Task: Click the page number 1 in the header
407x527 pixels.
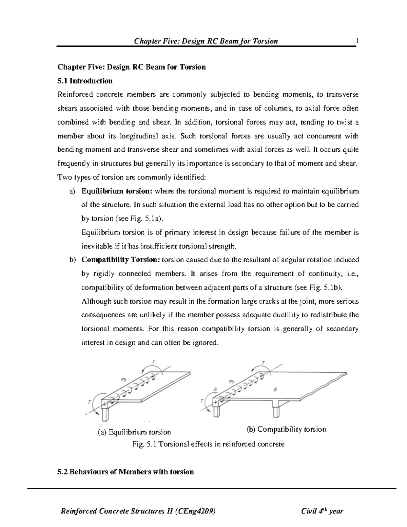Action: [x=357, y=41]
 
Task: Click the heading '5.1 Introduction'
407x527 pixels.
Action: [x=85, y=81]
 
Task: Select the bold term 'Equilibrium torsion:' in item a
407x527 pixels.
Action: [x=117, y=191]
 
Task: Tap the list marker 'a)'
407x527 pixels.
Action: [x=72, y=191]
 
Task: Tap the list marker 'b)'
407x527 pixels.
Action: [x=72, y=260]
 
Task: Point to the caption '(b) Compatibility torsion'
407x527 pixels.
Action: [x=286, y=429]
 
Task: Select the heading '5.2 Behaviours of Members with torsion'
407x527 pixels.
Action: [x=126, y=472]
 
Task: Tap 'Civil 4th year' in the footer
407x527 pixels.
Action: [x=322, y=511]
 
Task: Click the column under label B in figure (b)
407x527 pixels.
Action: [x=277, y=409]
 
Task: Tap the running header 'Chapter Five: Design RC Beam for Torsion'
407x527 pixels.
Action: [x=206, y=41]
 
